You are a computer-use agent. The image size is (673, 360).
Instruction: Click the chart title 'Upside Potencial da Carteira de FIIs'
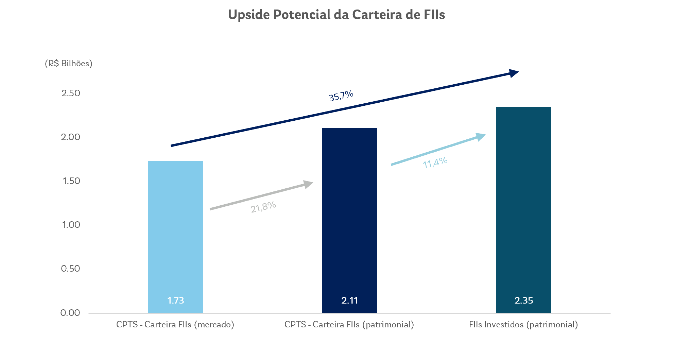pos(336,15)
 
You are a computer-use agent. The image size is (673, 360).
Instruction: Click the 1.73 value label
pos(175,301)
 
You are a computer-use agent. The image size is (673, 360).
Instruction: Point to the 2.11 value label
pos(349,301)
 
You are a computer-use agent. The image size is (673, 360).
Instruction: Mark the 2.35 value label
pos(523,301)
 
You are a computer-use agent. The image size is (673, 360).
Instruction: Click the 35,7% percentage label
pos(341,96)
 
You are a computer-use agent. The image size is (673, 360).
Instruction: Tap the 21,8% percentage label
pos(263,207)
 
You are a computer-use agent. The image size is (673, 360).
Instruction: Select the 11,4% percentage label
pos(435,162)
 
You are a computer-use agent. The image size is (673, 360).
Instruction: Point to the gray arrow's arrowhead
pos(308,184)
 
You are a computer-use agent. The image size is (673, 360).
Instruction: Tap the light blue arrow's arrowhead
pos(481,136)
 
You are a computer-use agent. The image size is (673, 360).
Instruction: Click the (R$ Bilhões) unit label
pos(69,64)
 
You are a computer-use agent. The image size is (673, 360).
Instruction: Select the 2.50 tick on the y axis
pos(71,93)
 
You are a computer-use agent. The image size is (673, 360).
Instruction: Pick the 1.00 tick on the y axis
pos(71,225)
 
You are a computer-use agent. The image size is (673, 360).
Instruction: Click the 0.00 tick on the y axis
pos(70,313)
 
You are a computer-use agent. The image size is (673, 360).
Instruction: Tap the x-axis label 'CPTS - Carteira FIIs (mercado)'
pos(175,325)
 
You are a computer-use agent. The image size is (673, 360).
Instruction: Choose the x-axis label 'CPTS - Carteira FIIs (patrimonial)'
pos(349,325)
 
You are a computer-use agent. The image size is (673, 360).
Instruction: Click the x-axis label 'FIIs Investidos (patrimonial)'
pos(523,325)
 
